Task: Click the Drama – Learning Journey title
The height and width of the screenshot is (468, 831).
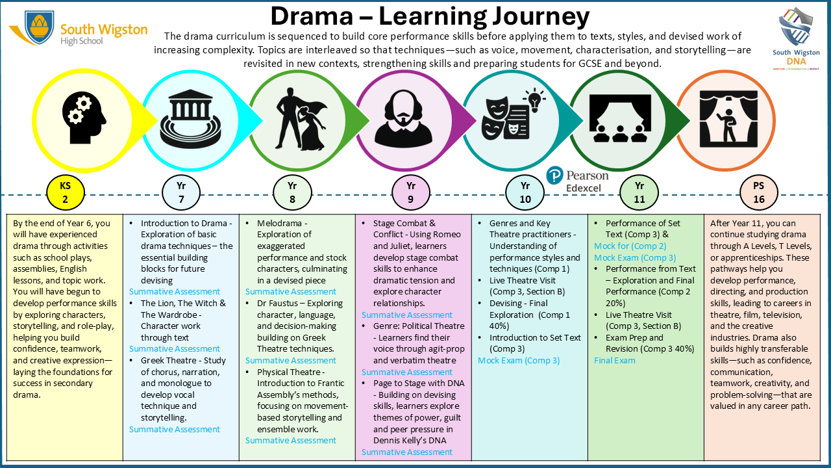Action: (430, 16)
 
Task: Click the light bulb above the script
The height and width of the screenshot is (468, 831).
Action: (534, 100)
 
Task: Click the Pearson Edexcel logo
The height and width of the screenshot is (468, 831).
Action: (578, 180)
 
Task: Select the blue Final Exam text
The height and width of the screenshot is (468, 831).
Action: (614, 360)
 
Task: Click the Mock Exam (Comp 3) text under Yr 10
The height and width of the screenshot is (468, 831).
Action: (519, 360)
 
